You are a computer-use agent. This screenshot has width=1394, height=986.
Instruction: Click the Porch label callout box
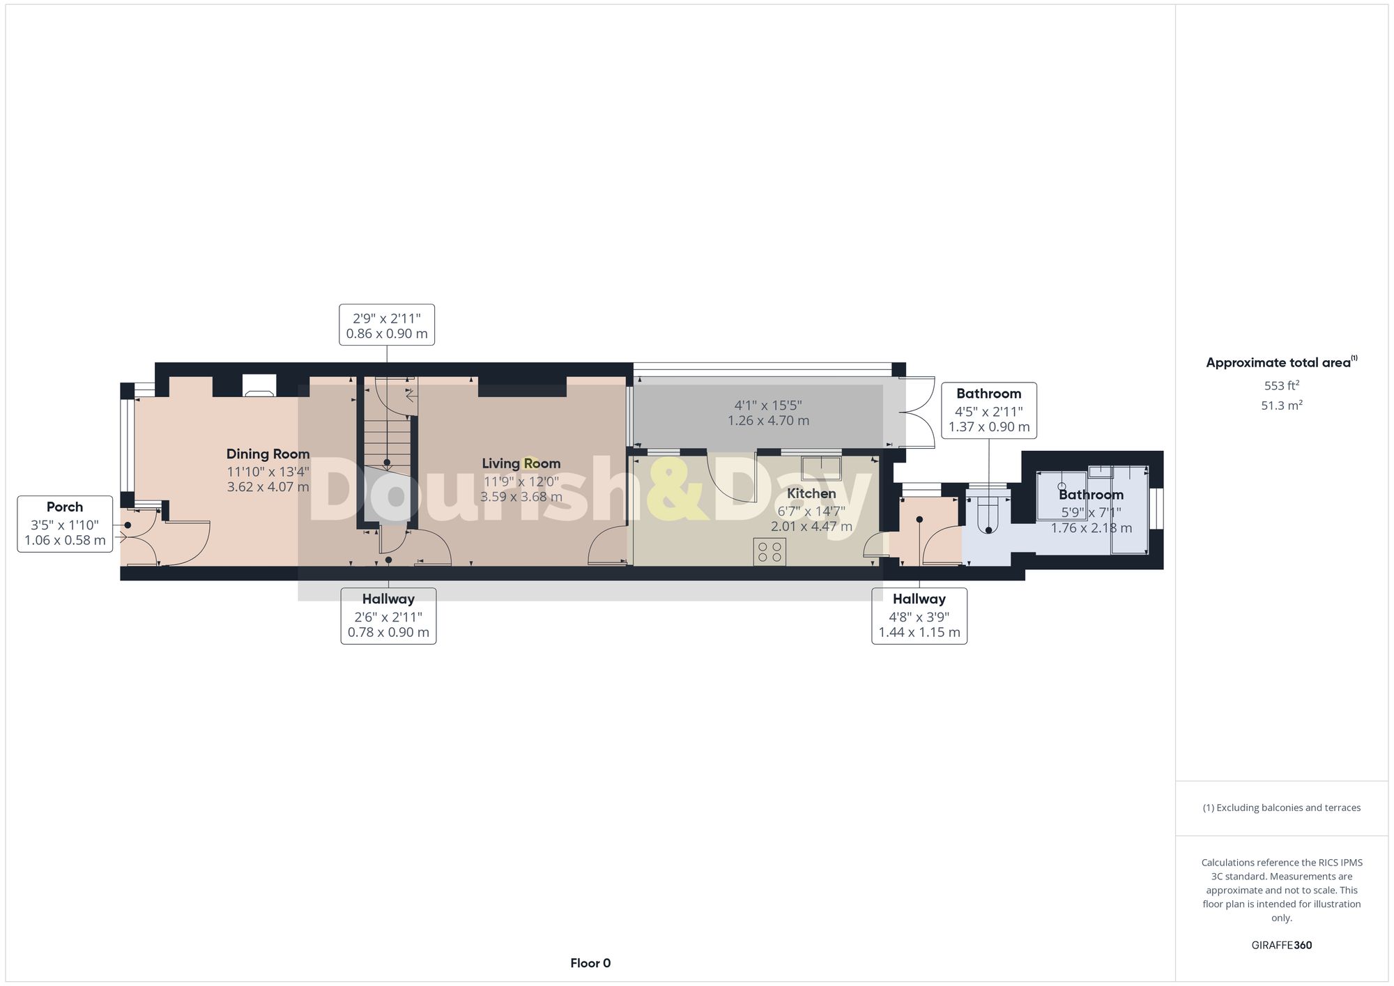(x=65, y=524)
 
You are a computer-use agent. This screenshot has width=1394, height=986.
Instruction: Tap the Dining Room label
(x=268, y=454)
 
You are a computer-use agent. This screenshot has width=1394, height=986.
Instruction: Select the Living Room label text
(x=521, y=463)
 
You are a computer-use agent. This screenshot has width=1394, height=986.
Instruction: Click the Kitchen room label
(x=811, y=493)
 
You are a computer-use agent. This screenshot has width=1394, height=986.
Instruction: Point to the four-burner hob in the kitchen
(x=769, y=552)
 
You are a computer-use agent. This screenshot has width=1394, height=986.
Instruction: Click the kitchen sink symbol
(x=821, y=468)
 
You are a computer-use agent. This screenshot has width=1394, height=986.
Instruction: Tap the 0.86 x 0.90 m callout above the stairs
(x=387, y=325)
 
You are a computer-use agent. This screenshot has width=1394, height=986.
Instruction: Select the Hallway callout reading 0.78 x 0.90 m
(x=388, y=616)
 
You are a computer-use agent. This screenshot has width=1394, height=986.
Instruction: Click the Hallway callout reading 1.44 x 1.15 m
(x=919, y=616)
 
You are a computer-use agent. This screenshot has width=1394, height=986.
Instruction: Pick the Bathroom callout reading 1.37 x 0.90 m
(x=988, y=410)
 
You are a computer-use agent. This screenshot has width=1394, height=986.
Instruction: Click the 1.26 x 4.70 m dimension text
(x=768, y=421)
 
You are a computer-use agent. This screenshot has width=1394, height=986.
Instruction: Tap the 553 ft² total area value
(x=1281, y=385)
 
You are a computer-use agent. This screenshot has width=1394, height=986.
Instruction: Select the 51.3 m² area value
(x=1281, y=406)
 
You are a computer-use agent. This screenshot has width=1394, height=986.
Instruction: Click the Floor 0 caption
(x=590, y=963)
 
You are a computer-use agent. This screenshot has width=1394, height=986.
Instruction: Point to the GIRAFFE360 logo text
(x=1281, y=946)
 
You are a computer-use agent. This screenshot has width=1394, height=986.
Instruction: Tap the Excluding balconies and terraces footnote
(x=1281, y=808)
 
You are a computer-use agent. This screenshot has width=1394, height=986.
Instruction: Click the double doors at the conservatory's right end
(x=918, y=413)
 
